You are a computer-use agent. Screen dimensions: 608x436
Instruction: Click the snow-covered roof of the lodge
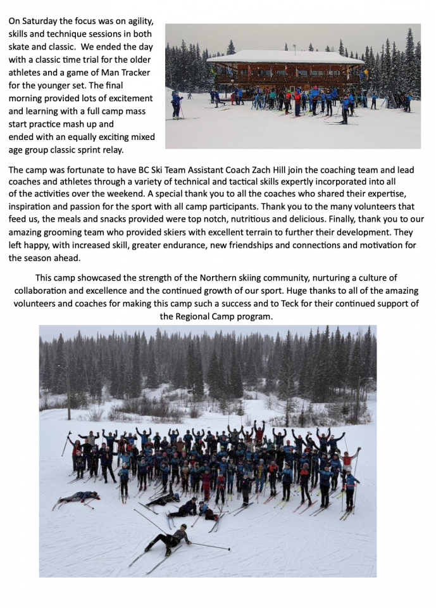(x=284, y=56)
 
